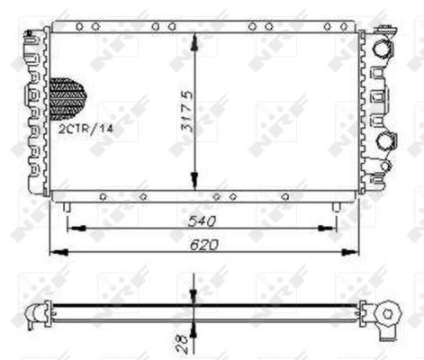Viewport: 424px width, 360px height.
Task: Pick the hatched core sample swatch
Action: [x=68, y=96]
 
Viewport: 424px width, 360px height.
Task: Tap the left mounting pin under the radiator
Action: [x=68, y=206]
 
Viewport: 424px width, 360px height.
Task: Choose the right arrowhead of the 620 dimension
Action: [x=355, y=252]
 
